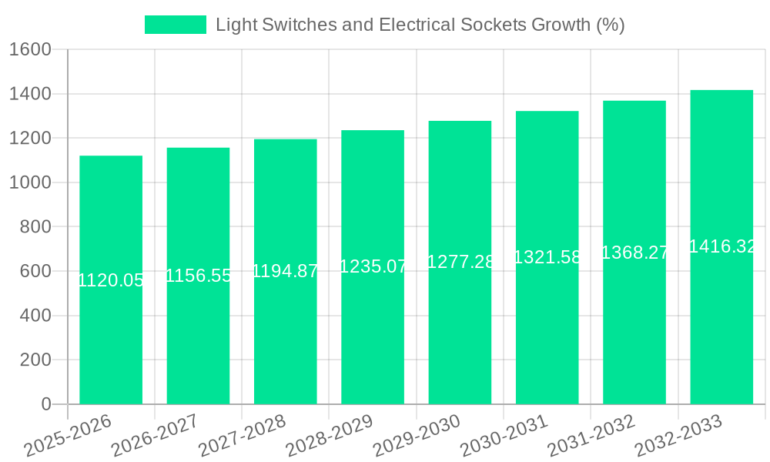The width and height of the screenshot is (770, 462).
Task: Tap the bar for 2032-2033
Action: [x=721, y=323]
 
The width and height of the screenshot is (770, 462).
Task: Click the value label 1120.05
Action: [x=111, y=280]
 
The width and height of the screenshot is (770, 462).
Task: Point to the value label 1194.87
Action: [x=285, y=271]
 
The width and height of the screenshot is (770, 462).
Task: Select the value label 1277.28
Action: [x=460, y=262]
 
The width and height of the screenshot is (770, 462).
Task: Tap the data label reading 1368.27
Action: [x=634, y=253]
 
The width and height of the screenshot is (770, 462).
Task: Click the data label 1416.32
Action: [x=722, y=246]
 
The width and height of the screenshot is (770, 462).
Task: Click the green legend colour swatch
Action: [x=176, y=25]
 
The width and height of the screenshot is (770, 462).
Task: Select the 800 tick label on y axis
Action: [x=35, y=227]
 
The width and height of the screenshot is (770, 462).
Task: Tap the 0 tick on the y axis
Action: [x=45, y=404]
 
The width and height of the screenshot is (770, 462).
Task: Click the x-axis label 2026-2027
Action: [x=155, y=436]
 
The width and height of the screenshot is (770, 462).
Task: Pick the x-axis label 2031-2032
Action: [x=591, y=436]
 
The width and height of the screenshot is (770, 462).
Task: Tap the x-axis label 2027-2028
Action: [x=242, y=436]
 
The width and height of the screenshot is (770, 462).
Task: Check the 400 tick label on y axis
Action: [x=35, y=316]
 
